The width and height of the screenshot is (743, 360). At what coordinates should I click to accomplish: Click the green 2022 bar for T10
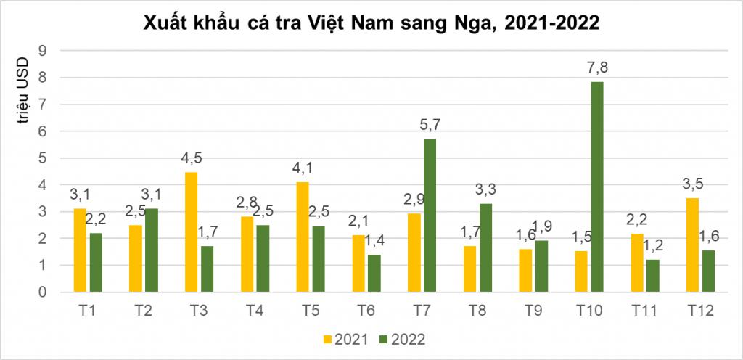point(596,187)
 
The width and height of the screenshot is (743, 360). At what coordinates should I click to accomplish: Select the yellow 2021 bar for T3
point(192,232)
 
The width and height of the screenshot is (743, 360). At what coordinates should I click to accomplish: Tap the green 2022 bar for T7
point(430,216)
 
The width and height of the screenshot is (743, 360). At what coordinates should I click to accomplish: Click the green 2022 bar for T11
point(652,276)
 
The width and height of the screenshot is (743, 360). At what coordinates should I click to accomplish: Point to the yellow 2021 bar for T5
point(303,237)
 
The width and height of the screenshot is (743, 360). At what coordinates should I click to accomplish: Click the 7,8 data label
point(596,68)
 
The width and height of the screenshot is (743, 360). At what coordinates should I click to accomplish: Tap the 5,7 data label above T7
point(430,125)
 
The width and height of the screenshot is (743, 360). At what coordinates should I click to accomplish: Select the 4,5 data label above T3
point(192,159)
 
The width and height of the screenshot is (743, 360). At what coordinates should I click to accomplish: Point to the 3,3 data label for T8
point(485,190)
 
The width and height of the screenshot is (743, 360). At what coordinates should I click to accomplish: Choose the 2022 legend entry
point(401,339)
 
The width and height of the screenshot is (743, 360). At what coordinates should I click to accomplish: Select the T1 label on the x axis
point(88,311)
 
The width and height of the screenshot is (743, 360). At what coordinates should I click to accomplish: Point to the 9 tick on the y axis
point(43,51)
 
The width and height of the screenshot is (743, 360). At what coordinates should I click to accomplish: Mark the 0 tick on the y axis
point(43,292)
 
